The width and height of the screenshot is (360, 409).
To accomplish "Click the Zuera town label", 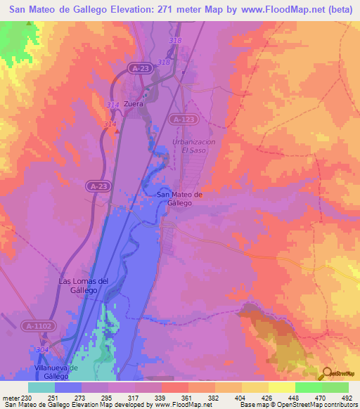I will (x=134, y=104).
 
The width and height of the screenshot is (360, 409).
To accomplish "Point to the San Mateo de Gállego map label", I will (x=180, y=198).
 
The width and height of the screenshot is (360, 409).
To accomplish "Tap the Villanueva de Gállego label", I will (x=58, y=372).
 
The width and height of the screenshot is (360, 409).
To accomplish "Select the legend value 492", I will (x=347, y=398).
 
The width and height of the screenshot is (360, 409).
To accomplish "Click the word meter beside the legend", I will (x=10, y=398).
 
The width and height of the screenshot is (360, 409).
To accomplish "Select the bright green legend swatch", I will (x=335, y=387).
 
